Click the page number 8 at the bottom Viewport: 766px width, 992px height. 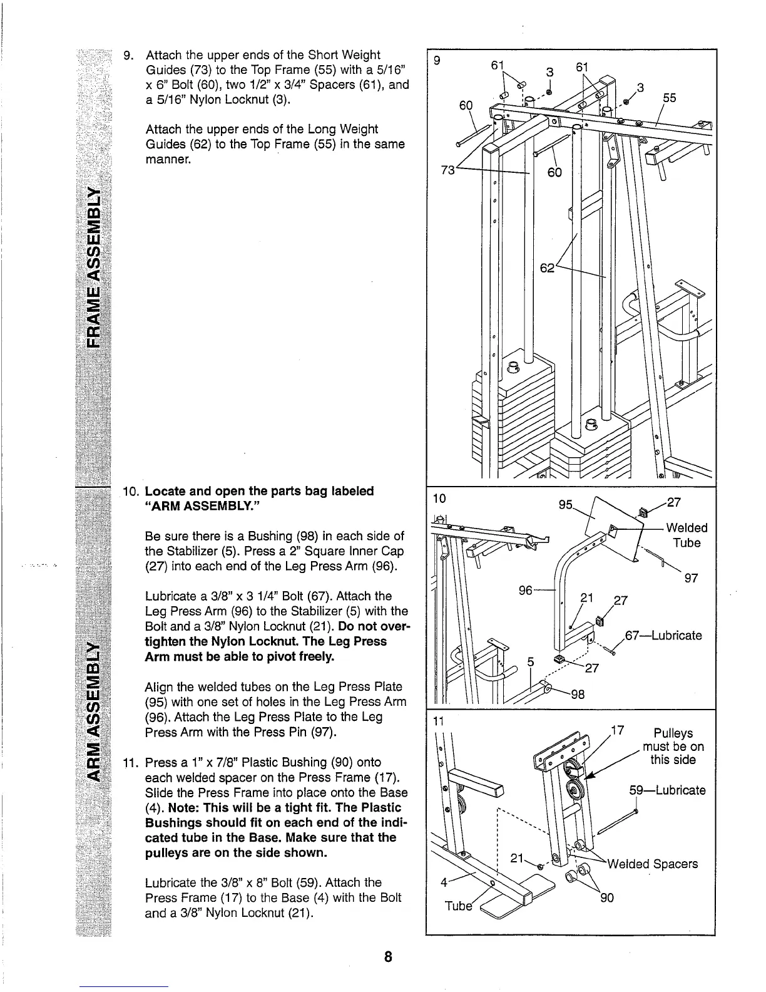[388, 957]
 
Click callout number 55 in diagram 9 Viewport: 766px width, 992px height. [669, 98]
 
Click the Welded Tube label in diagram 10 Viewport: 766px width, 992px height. [687, 535]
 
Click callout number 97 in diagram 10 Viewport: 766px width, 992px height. [691, 579]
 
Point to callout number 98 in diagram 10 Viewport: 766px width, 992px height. [578, 694]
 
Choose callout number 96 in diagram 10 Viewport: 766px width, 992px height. [528, 591]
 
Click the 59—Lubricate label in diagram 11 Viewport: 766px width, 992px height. [667, 790]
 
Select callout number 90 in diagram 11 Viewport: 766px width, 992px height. [606, 898]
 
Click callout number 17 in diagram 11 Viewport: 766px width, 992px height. [617, 730]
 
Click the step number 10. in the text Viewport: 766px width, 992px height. [132, 491]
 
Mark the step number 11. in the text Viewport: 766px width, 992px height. [132, 763]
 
